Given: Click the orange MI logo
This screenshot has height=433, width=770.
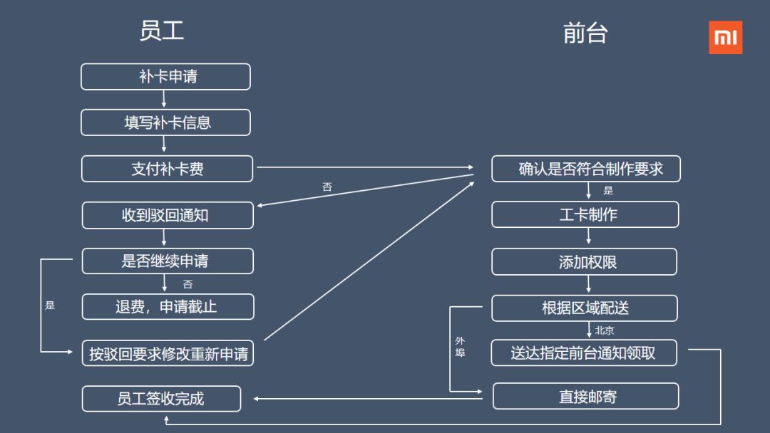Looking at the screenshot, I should (725, 37).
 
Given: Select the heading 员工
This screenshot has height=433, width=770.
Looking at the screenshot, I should (162, 31).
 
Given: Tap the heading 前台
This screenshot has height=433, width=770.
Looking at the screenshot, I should (585, 33).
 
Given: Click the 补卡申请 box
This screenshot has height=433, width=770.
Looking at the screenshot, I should (165, 77).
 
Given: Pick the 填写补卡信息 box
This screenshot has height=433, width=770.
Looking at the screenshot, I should (165, 122).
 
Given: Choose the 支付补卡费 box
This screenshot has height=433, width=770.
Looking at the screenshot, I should (167, 169).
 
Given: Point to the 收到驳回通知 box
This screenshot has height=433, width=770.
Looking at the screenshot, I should (168, 215).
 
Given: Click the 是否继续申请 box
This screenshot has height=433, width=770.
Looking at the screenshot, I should (168, 261).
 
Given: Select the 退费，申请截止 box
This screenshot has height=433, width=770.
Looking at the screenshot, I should (168, 307).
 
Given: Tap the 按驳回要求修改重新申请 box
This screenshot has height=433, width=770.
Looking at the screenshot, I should (168, 353).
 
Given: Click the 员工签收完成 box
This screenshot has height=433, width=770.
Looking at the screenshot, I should (161, 399).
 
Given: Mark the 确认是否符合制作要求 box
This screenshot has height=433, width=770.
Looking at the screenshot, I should (586, 169).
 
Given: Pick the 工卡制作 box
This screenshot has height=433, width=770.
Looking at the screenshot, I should (585, 214).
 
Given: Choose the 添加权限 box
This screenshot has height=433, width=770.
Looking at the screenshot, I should (585, 261).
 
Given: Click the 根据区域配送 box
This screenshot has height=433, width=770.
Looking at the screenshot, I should (585, 308).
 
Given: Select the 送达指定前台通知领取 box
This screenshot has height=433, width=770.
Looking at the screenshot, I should (584, 353).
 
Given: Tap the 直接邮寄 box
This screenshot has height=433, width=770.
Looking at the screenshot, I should (585, 397).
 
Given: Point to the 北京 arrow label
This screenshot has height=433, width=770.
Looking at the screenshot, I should (605, 330).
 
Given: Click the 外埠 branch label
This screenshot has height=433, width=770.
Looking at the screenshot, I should (460, 347).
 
